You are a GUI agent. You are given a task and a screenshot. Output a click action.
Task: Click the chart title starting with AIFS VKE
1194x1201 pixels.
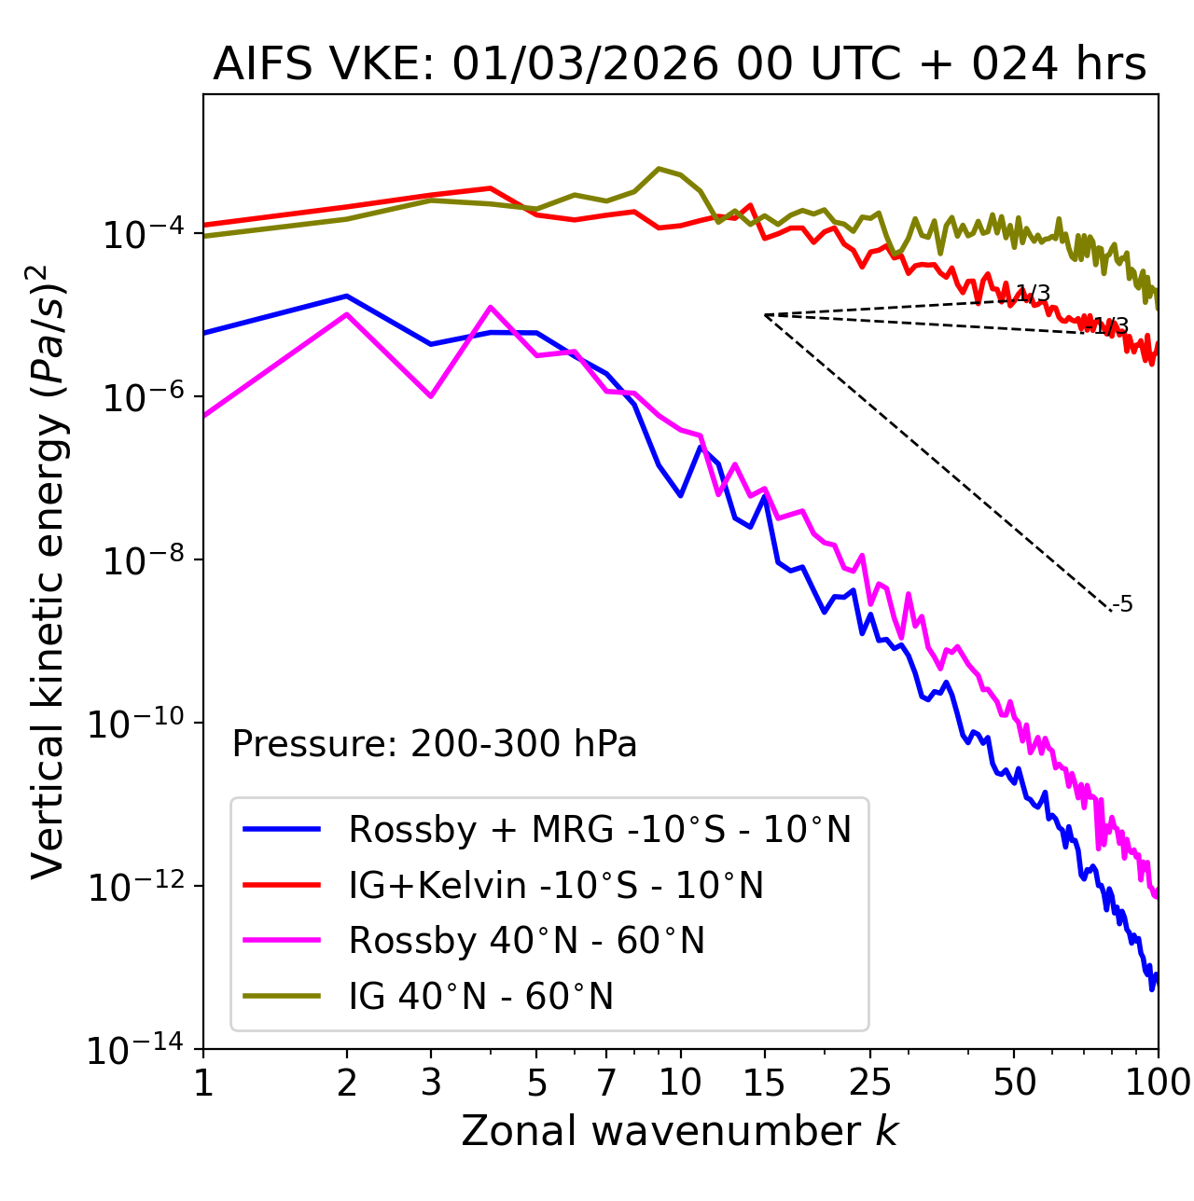click(x=679, y=65)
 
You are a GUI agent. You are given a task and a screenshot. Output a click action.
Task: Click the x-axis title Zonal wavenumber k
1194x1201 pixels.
click(x=679, y=1131)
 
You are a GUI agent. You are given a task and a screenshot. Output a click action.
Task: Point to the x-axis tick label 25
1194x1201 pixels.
click(x=869, y=1083)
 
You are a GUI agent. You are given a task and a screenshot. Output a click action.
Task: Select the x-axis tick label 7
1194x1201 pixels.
click(x=606, y=1083)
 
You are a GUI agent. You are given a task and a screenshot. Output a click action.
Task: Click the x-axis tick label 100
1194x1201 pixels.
click(x=1158, y=1083)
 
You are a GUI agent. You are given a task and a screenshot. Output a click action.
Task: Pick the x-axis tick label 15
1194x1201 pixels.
click(x=764, y=1083)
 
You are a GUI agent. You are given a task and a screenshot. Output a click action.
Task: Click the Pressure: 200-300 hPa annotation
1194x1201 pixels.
click(x=435, y=744)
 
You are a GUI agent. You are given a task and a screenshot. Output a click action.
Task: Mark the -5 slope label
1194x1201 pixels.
click(x=1123, y=605)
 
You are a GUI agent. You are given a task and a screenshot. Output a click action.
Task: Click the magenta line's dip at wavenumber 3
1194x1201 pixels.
click(x=431, y=396)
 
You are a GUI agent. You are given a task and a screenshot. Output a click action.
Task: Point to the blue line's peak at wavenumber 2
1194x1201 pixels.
click(x=347, y=297)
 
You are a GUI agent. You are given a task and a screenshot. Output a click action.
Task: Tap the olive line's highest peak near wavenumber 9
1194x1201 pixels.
click(x=659, y=169)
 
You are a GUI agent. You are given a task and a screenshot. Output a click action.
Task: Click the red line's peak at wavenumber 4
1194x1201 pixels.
click(x=491, y=188)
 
